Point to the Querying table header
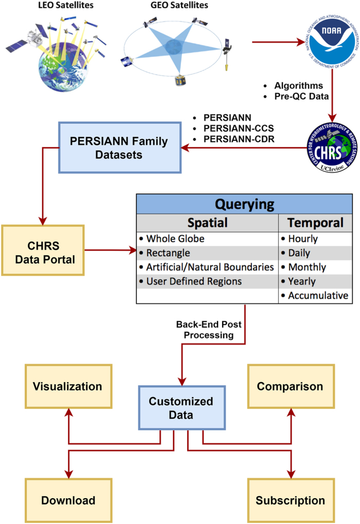(x=244, y=204)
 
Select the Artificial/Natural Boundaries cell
(x=209, y=267)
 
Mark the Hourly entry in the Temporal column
(x=303, y=239)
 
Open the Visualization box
(x=67, y=386)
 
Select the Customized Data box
(x=181, y=407)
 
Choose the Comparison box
(x=290, y=386)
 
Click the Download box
(x=68, y=500)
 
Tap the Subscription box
(x=290, y=500)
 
